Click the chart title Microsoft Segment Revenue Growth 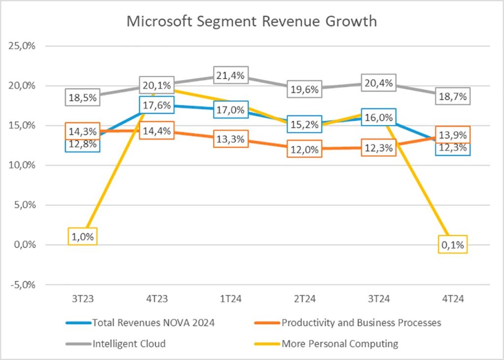(x=252, y=22)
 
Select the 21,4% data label (x=231, y=76)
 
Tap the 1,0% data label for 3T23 (x=83, y=236)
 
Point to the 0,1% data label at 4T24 (x=452, y=244)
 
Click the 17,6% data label (x=157, y=105)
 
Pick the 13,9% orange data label (x=452, y=134)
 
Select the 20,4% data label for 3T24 (x=378, y=83)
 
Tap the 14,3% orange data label (x=83, y=131)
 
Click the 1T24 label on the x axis (x=231, y=298)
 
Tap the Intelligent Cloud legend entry (x=129, y=344)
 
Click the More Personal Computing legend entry (x=340, y=344)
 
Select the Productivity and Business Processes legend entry (x=361, y=323)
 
